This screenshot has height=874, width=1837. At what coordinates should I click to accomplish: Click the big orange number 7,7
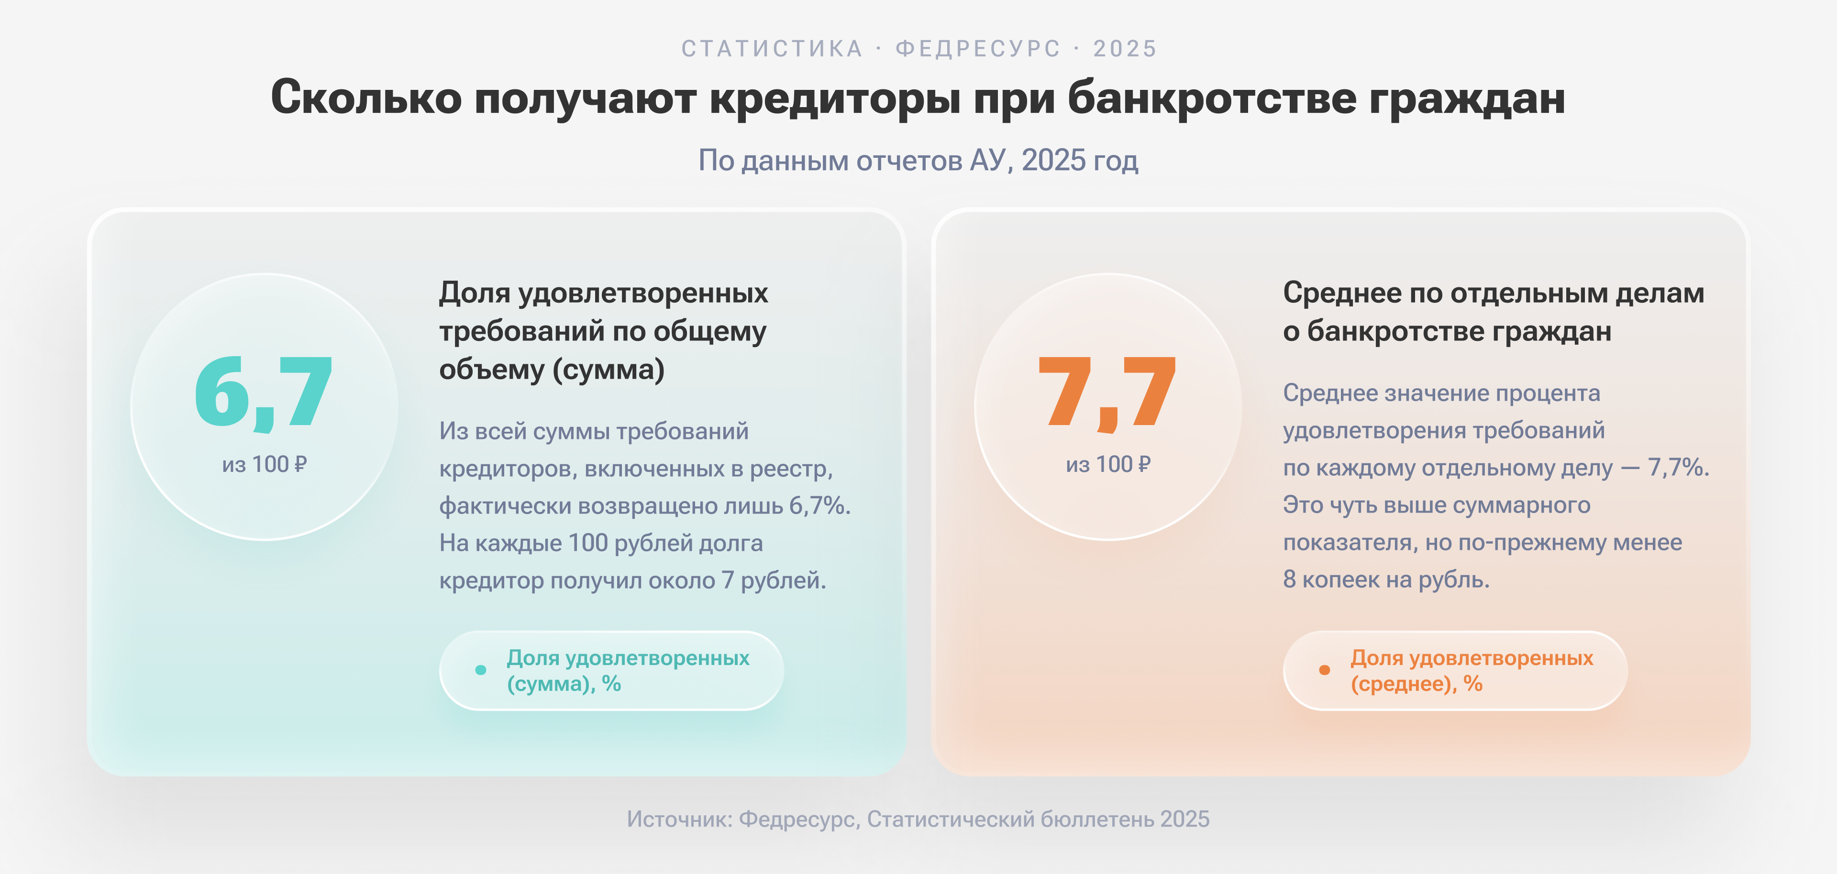point(1107,393)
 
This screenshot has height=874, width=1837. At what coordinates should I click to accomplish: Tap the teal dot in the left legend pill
point(481,670)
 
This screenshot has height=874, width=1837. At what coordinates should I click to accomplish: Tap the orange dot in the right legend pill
point(1324,670)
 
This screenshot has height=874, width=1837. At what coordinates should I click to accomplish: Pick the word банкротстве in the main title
point(1212,98)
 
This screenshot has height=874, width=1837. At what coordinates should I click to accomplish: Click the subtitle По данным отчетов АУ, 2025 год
point(918,160)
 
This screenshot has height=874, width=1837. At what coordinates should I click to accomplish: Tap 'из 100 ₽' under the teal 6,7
point(264,465)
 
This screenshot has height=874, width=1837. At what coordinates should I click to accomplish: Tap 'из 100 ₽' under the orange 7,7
point(1108,465)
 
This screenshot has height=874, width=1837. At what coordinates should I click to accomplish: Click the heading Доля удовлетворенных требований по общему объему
point(603,331)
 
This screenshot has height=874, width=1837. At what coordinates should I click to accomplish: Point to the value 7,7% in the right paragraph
point(1678,468)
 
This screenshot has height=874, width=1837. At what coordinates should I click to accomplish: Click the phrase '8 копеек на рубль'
point(1386,579)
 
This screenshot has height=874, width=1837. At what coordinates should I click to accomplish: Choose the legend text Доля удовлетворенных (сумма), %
point(628,670)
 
